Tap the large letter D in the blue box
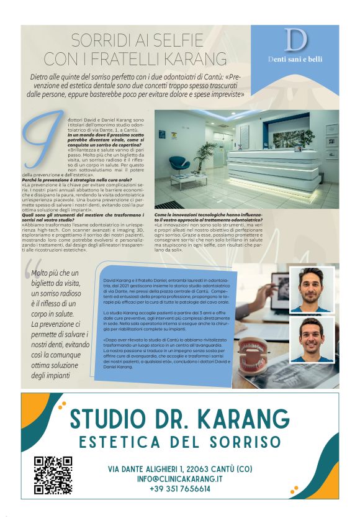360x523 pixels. coord(295,41)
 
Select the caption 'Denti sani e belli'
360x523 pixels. coord(295,60)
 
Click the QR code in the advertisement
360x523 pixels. coord(53,475)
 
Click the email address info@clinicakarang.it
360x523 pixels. coord(179,479)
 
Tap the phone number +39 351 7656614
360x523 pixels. coord(179,489)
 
